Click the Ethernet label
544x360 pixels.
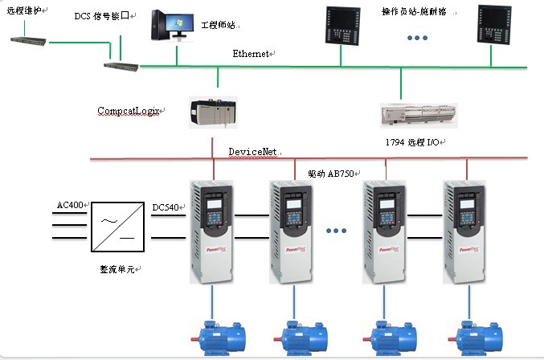tap(252, 54)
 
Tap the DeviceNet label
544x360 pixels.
tap(252, 151)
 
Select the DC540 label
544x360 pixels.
tap(166, 207)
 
